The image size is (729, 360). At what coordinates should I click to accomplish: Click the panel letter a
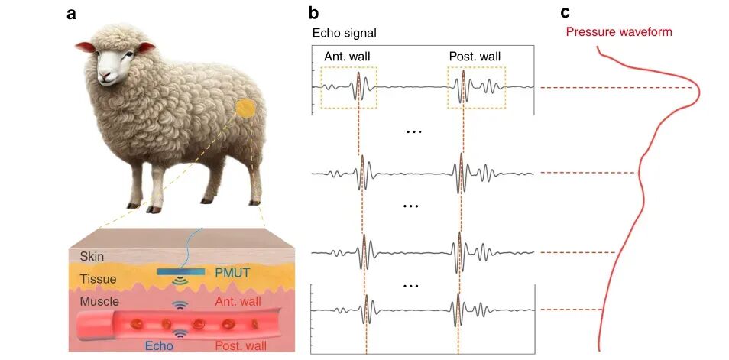(x=72, y=15)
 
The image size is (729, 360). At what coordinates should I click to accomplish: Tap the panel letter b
(x=314, y=13)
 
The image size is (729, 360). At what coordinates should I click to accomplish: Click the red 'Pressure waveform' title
(x=619, y=32)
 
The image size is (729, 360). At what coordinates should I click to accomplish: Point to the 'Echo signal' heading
(x=344, y=34)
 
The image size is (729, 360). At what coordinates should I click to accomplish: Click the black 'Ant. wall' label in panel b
(x=347, y=57)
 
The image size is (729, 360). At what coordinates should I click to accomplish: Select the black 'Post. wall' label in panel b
(x=475, y=57)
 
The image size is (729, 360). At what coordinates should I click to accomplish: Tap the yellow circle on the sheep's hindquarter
(x=245, y=109)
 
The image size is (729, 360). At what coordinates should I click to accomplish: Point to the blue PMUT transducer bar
(x=179, y=271)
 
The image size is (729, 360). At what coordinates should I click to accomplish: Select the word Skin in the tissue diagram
(x=92, y=256)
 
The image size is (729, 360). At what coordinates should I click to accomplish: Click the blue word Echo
(x=159, y=346)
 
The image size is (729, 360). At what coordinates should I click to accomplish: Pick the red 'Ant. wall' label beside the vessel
(x=237, y=302)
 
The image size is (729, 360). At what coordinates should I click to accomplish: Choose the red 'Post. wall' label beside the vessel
(x=241, y=346)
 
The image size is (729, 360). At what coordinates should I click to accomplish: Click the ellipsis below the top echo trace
(x=413, y=132)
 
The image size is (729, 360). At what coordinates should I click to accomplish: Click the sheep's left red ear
(x=84, y=47)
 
